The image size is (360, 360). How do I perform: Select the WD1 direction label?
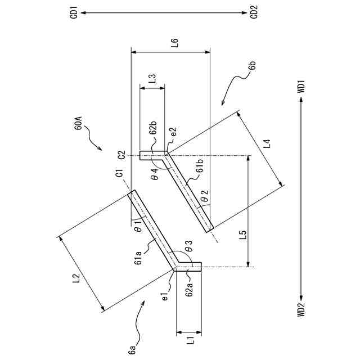(301, 85)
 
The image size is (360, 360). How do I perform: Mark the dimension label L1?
(190, 339)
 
